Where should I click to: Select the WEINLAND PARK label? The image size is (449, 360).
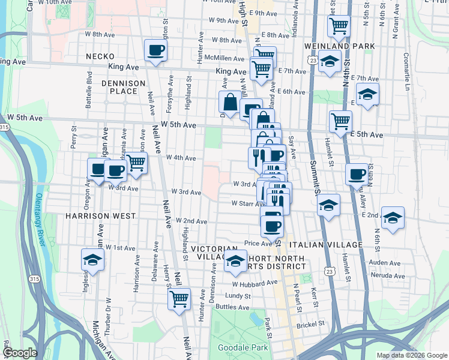340,46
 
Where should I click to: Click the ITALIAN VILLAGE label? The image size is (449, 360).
325,245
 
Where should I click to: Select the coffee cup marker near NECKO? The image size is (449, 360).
156,50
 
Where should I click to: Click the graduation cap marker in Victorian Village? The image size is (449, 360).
235,261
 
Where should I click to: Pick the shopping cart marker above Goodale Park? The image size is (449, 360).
179,298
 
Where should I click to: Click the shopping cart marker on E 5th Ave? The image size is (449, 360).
340,121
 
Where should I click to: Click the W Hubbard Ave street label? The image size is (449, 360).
255,283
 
